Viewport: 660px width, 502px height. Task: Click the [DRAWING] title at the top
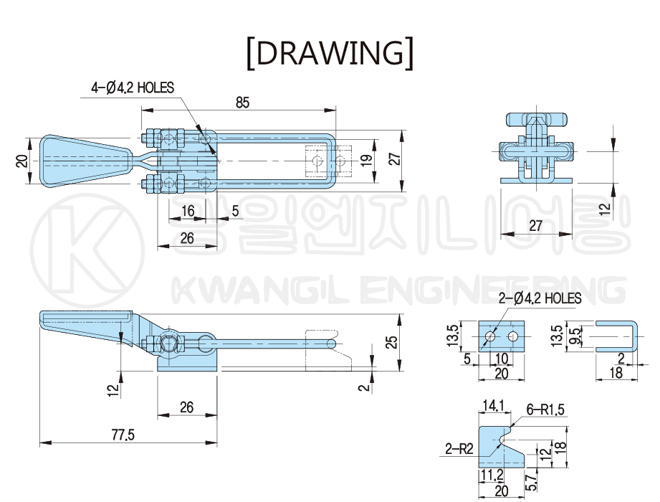tap(330, 52)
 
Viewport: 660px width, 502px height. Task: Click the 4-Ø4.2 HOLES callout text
tap(133, 88)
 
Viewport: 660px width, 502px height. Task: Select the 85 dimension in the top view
tap(242, 103)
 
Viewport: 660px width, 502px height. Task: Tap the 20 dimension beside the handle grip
tap(21, 160)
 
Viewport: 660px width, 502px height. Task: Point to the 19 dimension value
tap(366, 159)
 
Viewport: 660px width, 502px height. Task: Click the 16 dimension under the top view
tap(188, 211)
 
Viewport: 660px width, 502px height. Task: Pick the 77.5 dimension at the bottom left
tap(123, 433)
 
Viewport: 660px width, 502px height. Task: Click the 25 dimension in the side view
tap(391, 341)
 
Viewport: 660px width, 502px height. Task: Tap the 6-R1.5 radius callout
tap(546, 409)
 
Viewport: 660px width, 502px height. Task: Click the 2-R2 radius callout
tap(459, 450)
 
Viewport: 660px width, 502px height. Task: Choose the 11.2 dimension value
tap(492, 475)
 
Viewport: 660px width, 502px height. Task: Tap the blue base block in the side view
tap(187, 361)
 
